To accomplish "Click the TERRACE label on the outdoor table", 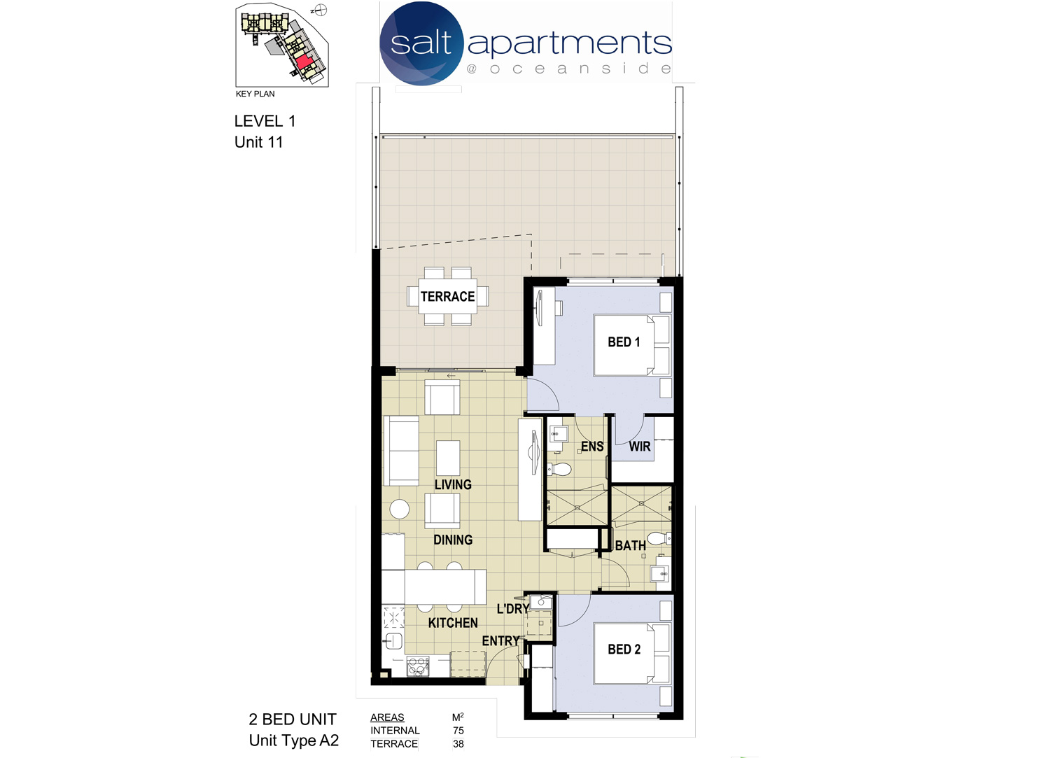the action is pos(448,297).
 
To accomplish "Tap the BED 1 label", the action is pos(624,342).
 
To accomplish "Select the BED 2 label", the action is pos(624,650).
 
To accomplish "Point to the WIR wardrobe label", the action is pos(639,447).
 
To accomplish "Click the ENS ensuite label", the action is pos(592,447).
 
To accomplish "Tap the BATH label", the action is pos(631,546).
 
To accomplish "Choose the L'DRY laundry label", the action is pos(513,609).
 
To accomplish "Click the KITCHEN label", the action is pos(453,623).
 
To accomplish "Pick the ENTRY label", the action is pos(500,641).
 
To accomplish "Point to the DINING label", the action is pos(453,540).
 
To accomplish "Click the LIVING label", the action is pos(453,485).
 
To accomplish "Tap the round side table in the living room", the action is pos(400,510).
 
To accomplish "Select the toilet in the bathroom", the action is pos(658,538).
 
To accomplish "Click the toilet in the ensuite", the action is pos(559,468).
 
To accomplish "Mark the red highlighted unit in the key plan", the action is pos(304,62).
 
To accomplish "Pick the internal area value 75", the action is pos(458,730).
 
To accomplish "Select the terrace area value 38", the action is pos(458,743).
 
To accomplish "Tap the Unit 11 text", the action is pos(259,142).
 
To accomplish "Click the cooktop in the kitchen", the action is pos(418,667).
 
